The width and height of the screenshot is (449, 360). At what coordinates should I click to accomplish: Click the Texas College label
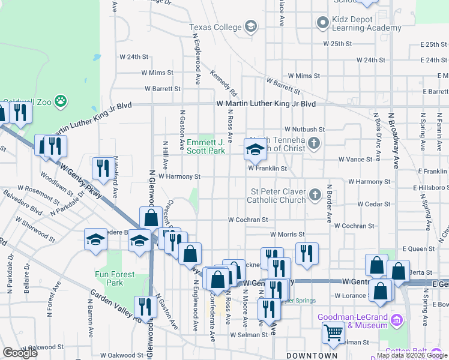[215, 27]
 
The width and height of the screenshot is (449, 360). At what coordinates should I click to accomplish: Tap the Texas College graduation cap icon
[250, 26]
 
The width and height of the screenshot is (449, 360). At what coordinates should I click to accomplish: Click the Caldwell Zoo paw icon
[61, 101]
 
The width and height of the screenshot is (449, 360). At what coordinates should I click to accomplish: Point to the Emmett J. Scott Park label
[206, 146]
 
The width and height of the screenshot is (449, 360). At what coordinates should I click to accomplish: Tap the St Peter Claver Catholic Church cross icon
[315, 194]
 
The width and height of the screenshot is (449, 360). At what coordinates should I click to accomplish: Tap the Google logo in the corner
[20, 353]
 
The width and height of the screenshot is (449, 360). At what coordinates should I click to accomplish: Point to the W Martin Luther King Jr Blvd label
[266, 104]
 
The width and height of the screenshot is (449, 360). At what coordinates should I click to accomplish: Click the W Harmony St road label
[179, 176]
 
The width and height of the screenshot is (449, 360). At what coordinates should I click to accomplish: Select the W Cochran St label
[247, 220]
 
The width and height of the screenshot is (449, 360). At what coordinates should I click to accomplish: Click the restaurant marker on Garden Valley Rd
[146, 307]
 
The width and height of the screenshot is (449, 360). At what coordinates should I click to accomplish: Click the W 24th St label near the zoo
[134, 57]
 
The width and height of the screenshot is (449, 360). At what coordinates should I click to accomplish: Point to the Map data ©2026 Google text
[412, 355]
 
